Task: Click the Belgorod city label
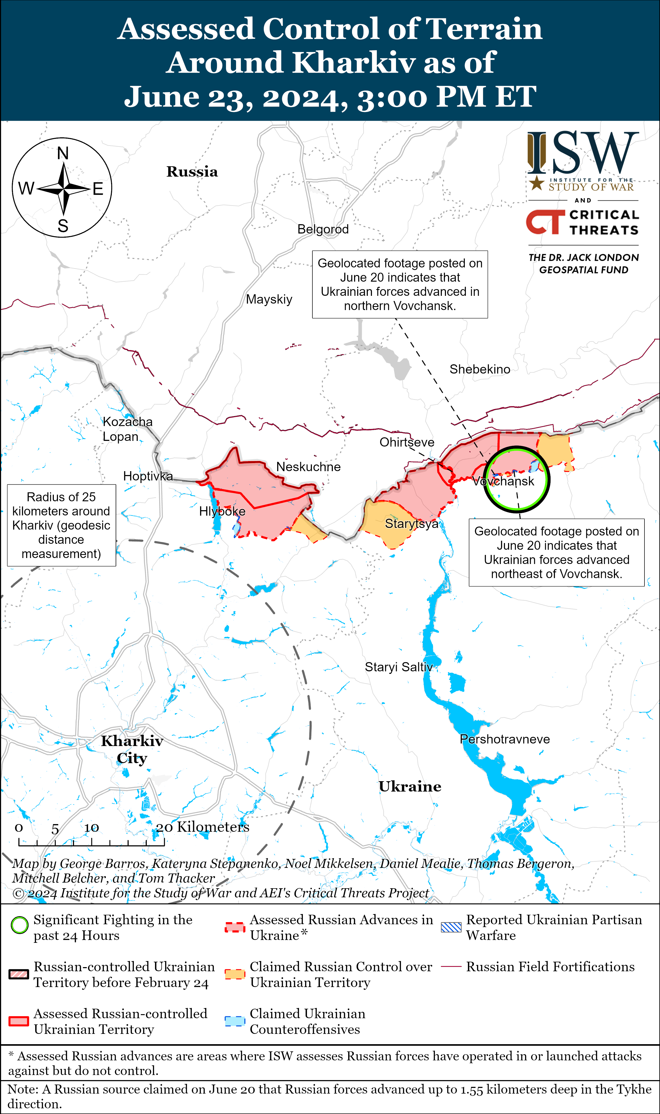coord(323,229)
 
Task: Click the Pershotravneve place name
coord(504,739)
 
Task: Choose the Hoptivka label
coord(148,476)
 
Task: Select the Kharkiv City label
coord(132,749)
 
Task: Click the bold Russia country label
coord(192,172)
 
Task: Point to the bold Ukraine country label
coord(410,787)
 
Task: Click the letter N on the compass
coord(63,154)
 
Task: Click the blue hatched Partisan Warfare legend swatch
coord(451,927)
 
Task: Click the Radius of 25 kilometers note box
coord(61,525)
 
